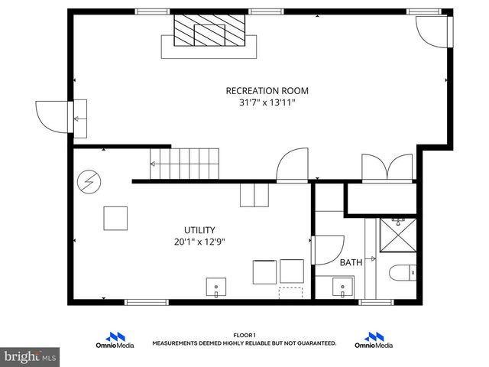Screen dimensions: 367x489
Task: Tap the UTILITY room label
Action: click(x=199, y=229)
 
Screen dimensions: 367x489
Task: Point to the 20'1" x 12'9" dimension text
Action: click(x=199, y=242)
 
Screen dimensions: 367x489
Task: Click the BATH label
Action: click(x=351, y=262)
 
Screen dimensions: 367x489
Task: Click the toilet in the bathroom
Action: click(x=403, y=272)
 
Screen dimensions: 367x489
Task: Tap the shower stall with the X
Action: click(x=397, y=236)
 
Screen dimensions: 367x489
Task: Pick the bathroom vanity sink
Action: click(x=342, y=288)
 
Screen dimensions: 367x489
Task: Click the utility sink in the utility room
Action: click(x=217, y=288)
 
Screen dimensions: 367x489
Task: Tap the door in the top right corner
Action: click(x=432, y=31)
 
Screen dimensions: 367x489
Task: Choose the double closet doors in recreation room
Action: click(x=389, y=167)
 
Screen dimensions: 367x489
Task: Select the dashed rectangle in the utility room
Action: click(x=290, y=292)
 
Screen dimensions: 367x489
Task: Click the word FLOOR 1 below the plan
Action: click(x=244, y=335)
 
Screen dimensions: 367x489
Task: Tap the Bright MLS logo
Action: click(x=31, y=356)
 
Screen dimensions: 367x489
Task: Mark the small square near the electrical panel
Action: click(x=116, y=218)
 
